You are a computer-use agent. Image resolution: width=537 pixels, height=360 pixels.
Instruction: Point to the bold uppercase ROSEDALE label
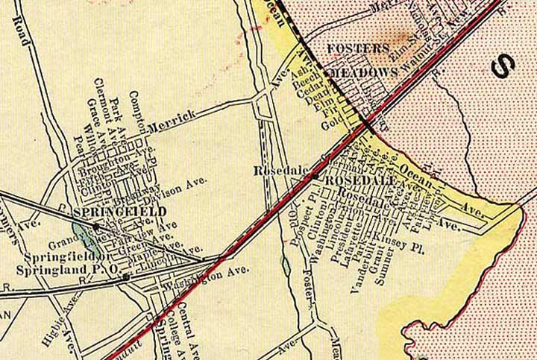[x=357, y=181]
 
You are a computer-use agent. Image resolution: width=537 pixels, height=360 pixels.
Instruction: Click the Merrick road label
[x=172, y=121]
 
